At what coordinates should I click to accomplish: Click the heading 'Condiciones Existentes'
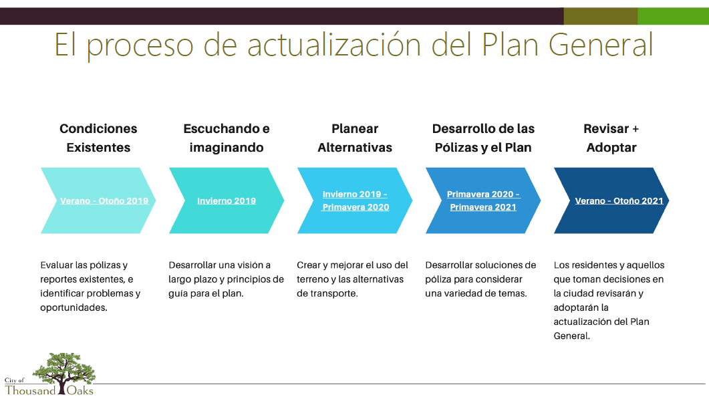(x=98, y=138)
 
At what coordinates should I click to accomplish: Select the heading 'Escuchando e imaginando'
(x=227, y=138)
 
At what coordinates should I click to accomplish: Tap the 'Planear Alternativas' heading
(x=355, y=138)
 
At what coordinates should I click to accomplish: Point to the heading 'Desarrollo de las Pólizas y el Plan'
(x=483, y=138)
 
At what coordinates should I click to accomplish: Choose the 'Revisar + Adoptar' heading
(x=611, y=138)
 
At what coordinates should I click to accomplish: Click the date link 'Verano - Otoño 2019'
(x=104, y=201)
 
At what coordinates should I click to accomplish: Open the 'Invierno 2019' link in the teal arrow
(x=227, y=201)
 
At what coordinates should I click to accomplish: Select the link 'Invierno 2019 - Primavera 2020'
(x=356, y=201)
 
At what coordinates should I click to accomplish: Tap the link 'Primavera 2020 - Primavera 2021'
(x=483, y=201)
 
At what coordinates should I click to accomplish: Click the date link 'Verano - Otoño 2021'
(x=619, y=201)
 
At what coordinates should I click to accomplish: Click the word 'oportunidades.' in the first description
(x=74, y=307)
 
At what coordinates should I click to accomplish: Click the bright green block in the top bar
(x=673, y=16)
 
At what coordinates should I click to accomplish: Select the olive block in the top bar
(x=600, y=16)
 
